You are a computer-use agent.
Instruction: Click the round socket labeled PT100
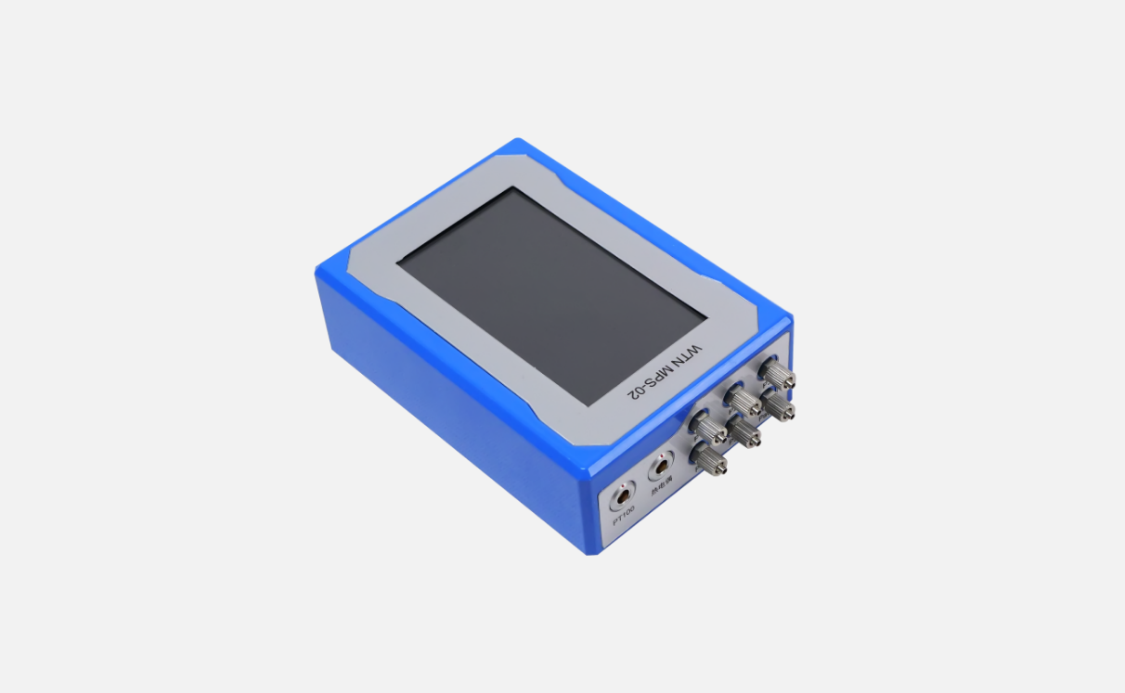point(619,500)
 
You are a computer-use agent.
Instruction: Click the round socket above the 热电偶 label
point(661,463)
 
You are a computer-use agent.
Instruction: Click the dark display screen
point(551,295)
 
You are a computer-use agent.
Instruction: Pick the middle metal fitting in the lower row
point(743,432)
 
